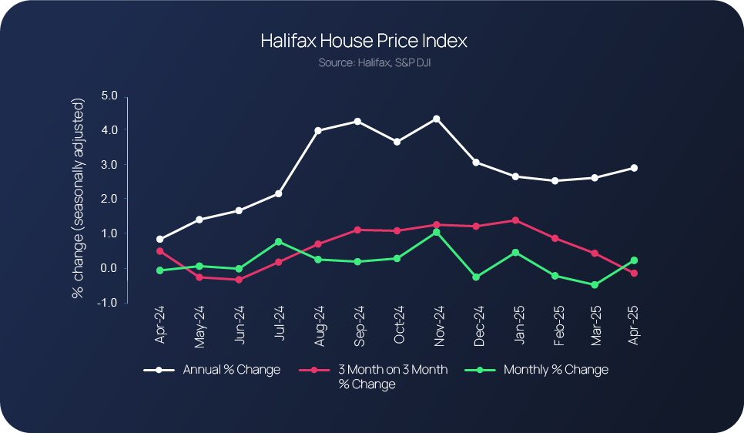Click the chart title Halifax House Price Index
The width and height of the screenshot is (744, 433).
pyautogui.click(x=364, y=41)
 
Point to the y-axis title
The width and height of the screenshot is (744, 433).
pyautogui.click(x=78, y=199)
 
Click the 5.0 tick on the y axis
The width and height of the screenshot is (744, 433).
pyautogui.click(x=109, y=96)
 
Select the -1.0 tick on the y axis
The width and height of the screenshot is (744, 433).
pyautogui.click(x=108, y=303)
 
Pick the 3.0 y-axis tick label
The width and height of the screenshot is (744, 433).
pyautogui.click(x=109, y=165)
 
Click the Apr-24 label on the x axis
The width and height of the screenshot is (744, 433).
pyautogui.click(x=159, y=325)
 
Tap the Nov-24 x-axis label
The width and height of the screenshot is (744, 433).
pyautogui.click(x=437, y=325)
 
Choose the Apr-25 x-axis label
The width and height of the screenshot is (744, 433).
pyautogui.click(x=634, y=325)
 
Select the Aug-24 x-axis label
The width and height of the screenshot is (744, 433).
pyautogui.click(x=318, y=325)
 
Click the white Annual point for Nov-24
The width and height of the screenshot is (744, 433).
pyautogui.click(x=437, y=119)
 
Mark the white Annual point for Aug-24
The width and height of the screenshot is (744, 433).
pyautogui.click(x=318, y=130)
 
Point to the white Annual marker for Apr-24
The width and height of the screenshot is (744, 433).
pyautogui.click(x=159, y=239)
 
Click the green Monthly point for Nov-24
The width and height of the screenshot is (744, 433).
pyautogui.click(x=437, y=232)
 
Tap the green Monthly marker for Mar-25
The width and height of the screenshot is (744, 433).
pyautogui.click(x=595, y=285)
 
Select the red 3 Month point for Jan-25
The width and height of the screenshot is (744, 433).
pyautogui.click(x=515, y=220)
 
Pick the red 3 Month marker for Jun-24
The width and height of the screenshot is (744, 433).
pyautogui.click(x=239, y=280)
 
